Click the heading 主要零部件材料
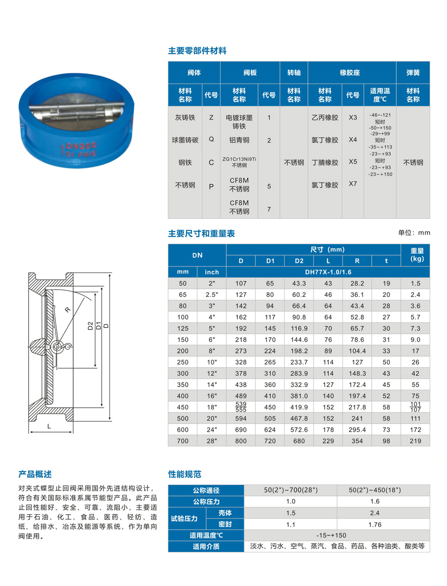197,51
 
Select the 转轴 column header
294,73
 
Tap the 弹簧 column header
413,73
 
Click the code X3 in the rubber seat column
353,118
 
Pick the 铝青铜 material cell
239,140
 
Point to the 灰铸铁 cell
185,118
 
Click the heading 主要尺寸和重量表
201,233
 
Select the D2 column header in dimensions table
299,261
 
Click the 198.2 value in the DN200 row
299,351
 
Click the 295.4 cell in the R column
357,430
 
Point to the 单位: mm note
414,233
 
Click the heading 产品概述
35,474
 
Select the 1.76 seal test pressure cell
374,524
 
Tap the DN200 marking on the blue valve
76,145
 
